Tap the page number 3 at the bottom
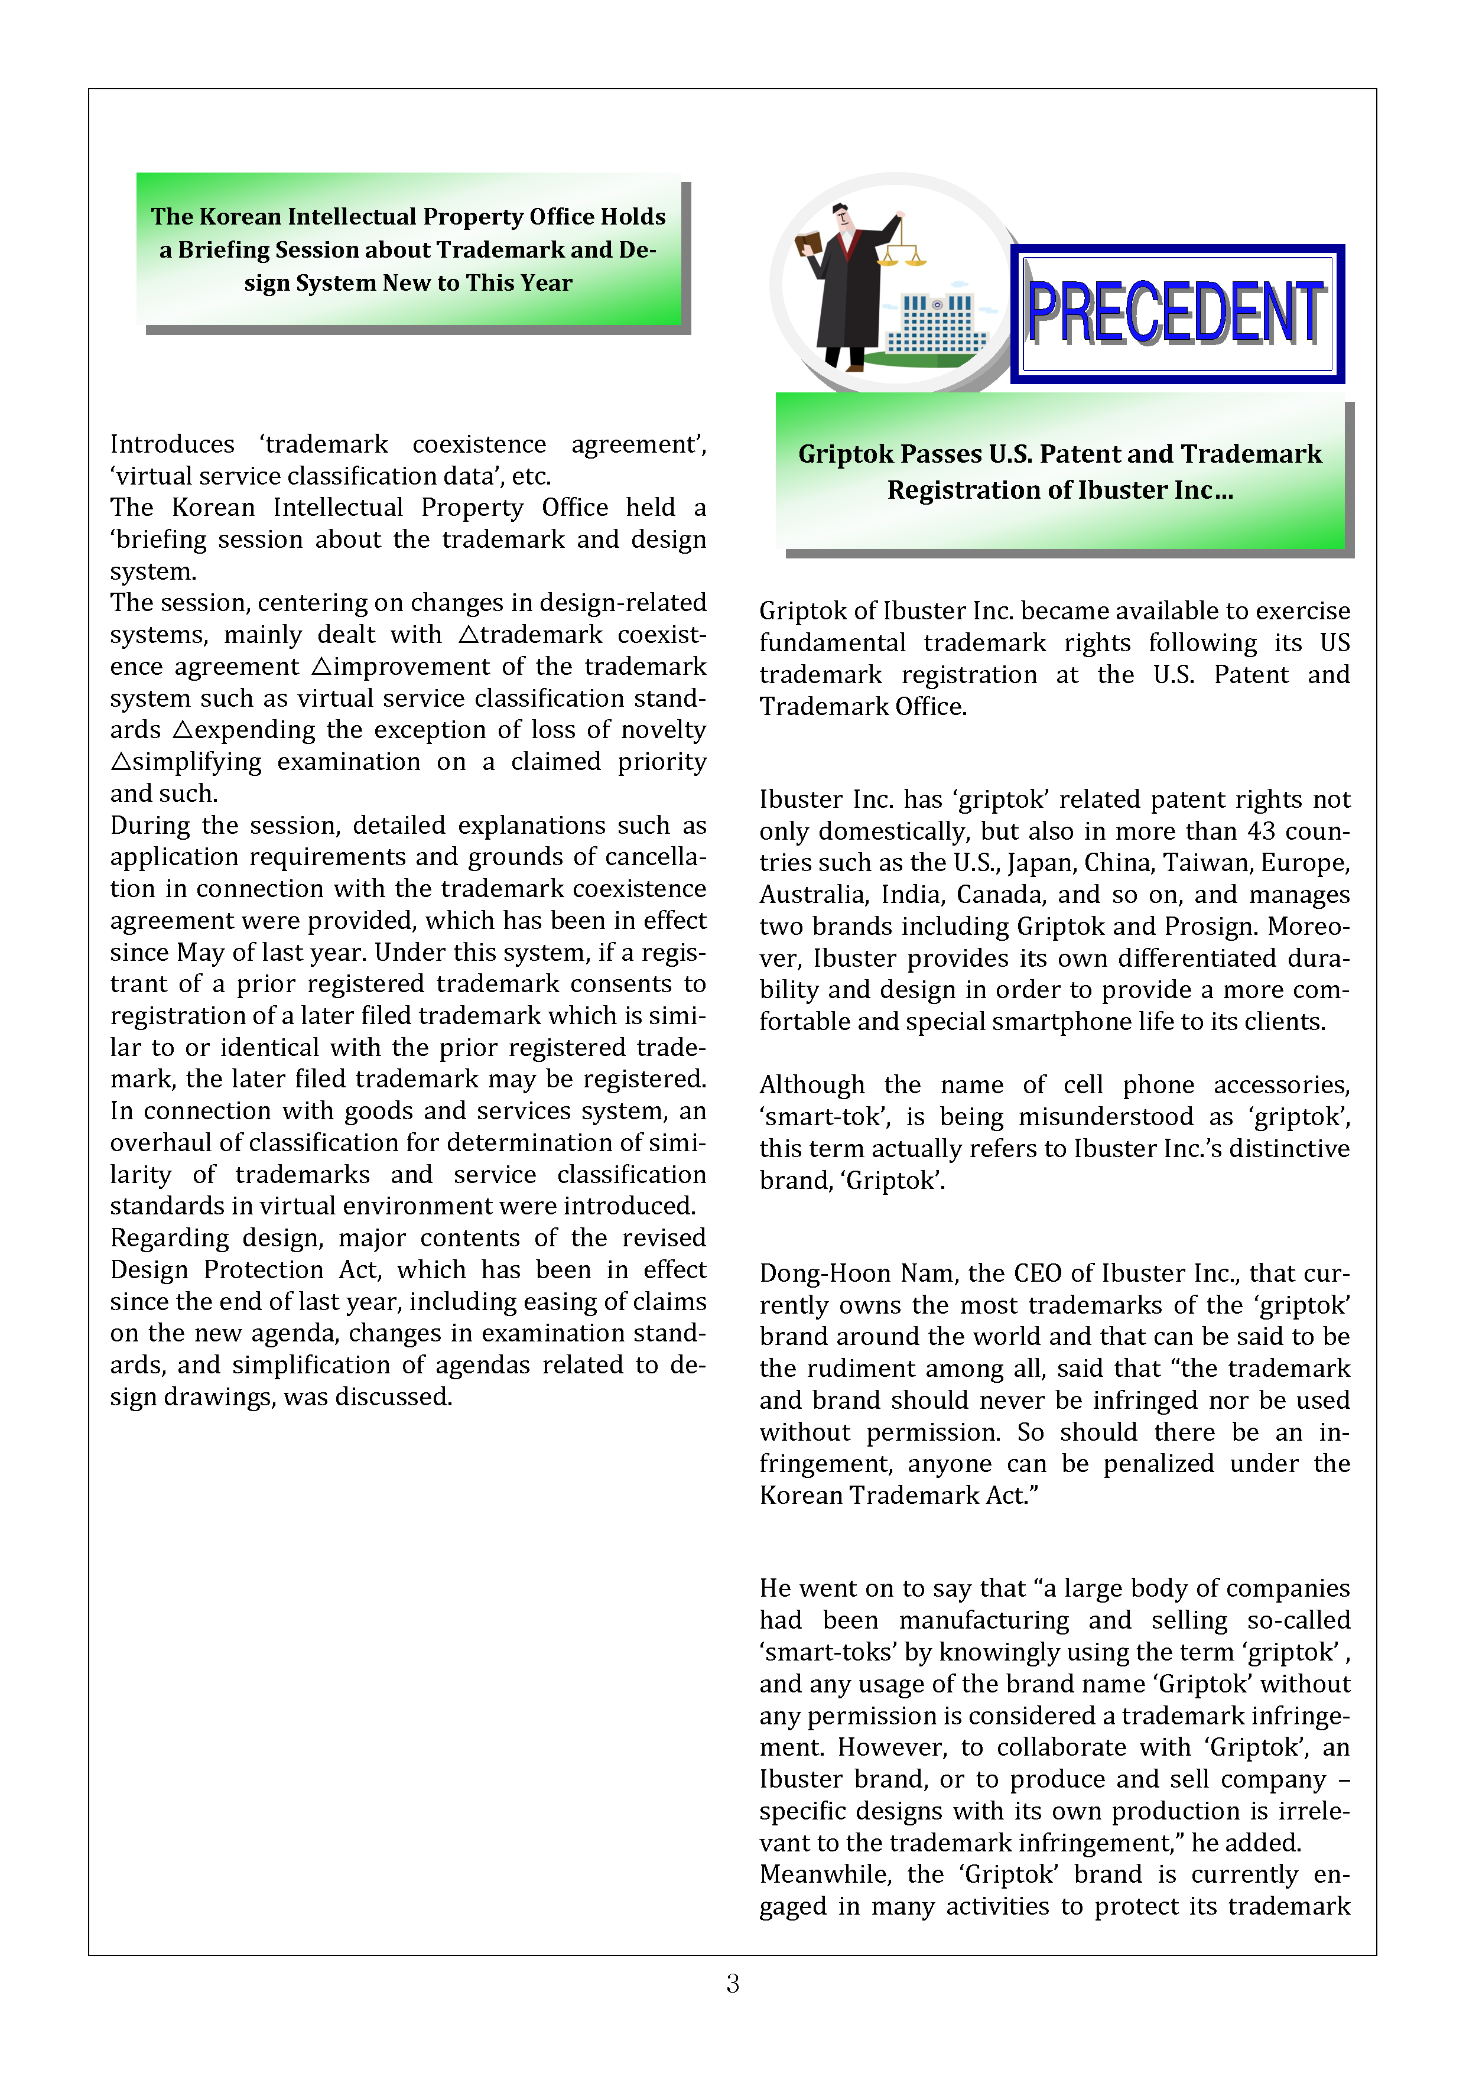(x=732, y=1984)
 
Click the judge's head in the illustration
(x=841, y=217)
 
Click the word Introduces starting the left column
(x=171, y=444)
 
